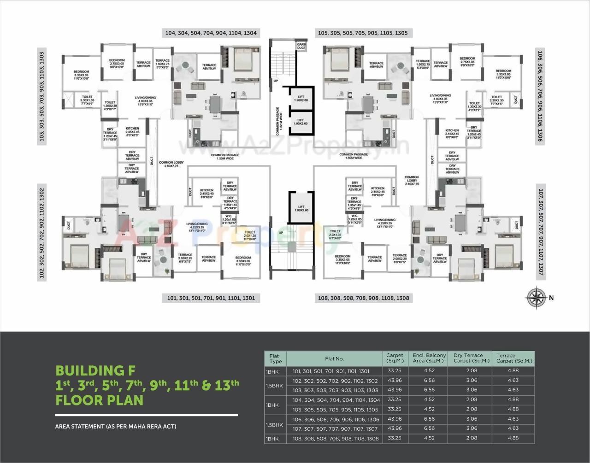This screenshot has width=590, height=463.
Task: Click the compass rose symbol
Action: (x=537, y=297)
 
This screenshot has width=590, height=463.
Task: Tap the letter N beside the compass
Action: (x=551, y=298)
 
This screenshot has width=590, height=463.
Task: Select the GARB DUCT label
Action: (x=301, y=46)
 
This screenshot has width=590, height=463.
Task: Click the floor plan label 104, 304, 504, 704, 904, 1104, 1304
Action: (x=211, y=33)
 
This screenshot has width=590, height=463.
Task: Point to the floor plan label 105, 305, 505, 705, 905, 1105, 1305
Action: (x=363, y=33)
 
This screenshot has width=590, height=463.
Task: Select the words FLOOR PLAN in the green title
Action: (x=99, y=400)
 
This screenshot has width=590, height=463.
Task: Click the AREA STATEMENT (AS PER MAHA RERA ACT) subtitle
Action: (x=116, y=427)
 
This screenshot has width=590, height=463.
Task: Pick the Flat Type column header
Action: (x=275, y=358)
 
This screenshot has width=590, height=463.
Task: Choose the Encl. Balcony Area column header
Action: (x=429, y=358)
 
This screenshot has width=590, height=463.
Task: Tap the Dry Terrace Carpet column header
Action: (x=468, y=358)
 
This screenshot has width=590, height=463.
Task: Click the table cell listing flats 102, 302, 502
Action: (x=335, y=381)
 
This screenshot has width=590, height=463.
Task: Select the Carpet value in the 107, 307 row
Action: (x=395, y=428)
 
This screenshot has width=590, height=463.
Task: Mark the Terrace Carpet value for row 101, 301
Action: (x=513, y=370)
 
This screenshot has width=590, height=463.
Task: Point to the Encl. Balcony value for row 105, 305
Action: (x=429, y=409)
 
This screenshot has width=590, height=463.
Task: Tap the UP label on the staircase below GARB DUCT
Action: (x=276, y=81)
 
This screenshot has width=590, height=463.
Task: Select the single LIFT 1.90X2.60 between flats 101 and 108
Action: (x=301, y=209)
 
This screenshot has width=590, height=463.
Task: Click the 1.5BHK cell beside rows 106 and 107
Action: (x=275, y=424)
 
